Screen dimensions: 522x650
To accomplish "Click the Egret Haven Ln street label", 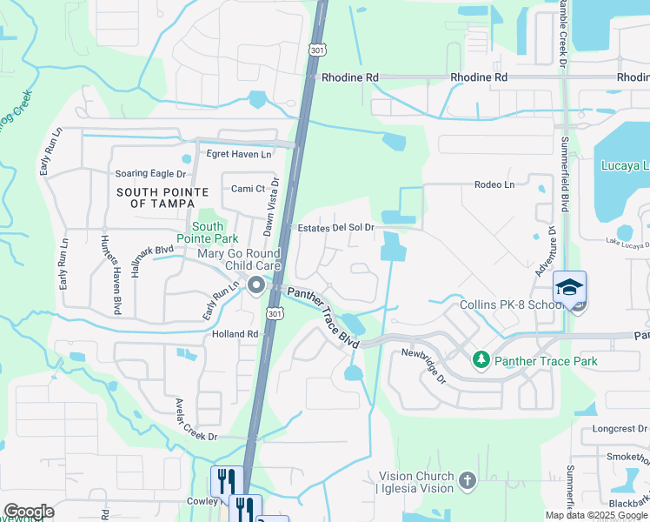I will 238,154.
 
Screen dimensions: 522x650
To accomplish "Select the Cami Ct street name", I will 248,189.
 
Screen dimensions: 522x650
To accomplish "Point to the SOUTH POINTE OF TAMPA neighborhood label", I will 162,197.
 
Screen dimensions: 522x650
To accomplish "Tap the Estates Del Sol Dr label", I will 335,227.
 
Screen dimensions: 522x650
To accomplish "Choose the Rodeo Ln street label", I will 494,184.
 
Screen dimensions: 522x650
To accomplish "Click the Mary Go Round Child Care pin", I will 255,285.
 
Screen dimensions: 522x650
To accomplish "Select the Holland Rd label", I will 235,333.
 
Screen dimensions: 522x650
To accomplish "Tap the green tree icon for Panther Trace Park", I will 480,358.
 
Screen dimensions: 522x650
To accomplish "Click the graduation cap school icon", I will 569,288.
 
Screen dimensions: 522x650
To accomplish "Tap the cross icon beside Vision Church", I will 467,480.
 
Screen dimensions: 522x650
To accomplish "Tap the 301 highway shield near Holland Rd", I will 274,313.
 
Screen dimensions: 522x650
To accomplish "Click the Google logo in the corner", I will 29,512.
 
